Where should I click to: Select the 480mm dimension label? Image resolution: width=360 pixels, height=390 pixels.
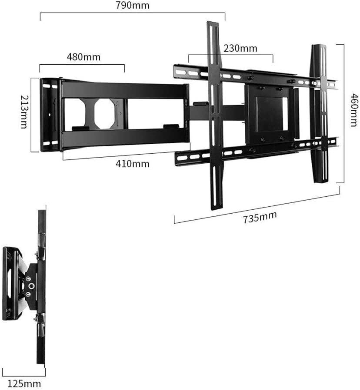(83, 57)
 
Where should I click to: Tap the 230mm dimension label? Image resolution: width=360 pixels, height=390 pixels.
(240, 48)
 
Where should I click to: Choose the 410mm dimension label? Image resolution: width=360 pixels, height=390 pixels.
(133, 164)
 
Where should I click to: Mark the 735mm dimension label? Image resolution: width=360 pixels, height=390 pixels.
(260, 216)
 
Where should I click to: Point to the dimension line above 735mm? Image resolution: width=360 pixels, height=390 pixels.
(257, 207)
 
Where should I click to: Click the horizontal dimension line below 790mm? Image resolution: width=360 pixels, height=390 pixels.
(132, 13)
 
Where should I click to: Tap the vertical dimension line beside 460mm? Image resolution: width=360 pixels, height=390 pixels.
(343, 113)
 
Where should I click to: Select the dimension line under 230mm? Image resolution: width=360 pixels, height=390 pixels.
(230, 55)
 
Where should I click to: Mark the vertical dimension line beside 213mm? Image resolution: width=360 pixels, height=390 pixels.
(32, 115)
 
